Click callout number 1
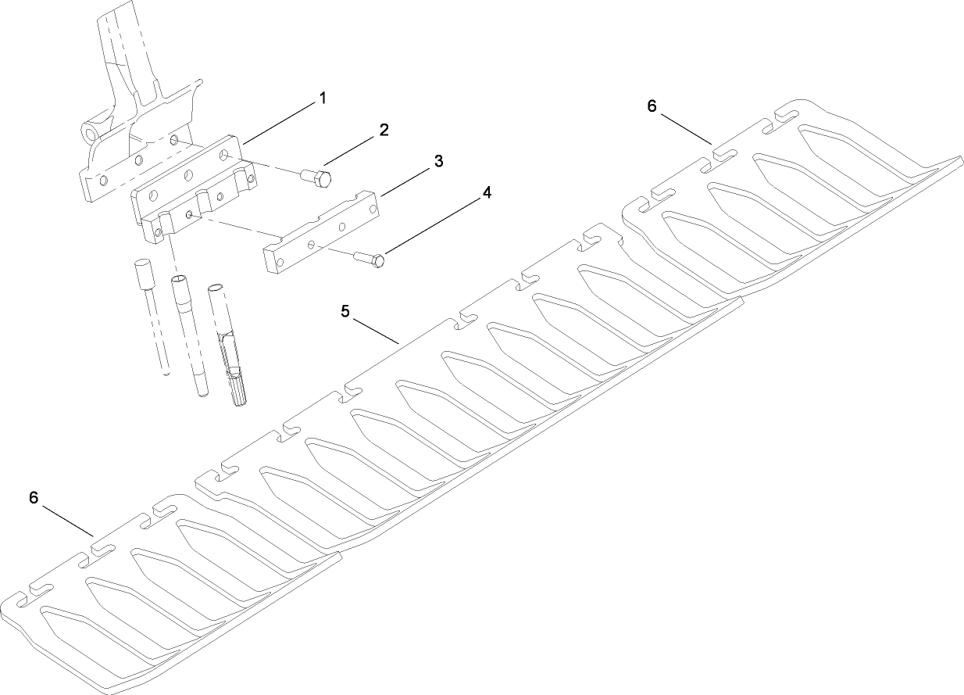click(323, 99)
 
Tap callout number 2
click(384, 130)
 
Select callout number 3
click(438, 161)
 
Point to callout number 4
click(487, 192)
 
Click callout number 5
click(345, 311)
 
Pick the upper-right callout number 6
click(652, 106)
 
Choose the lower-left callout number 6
click(34, 497)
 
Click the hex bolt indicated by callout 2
click(316, 178)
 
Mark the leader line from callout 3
click(405, 183)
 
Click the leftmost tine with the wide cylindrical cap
click(152, 317)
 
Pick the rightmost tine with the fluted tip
click(227, 345)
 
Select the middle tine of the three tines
click(189, 335)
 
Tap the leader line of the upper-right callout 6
click(687, 129)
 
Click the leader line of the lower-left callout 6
click(68, 521)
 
